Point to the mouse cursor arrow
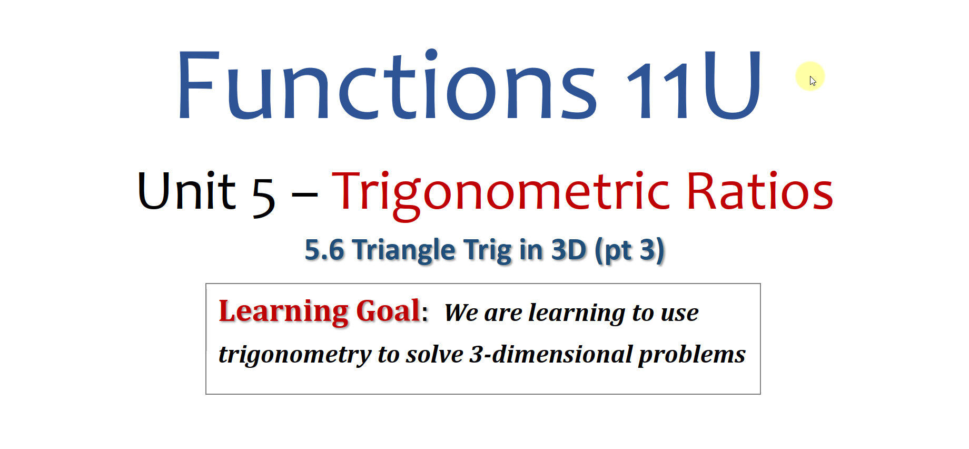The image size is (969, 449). tap(813, 81)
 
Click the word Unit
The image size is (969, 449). tap(186, 190)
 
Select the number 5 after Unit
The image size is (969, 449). tap(263, 197)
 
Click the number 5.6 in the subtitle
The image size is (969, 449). tap(324, 249)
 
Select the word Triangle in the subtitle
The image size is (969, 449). tap(404, 250)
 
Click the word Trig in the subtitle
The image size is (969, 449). tap(487, 250)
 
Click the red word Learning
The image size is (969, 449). tap(283, 312)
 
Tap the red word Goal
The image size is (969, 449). tap(389, 310)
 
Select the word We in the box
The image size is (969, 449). tap(461, 313)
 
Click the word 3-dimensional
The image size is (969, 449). tap(551, 354)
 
